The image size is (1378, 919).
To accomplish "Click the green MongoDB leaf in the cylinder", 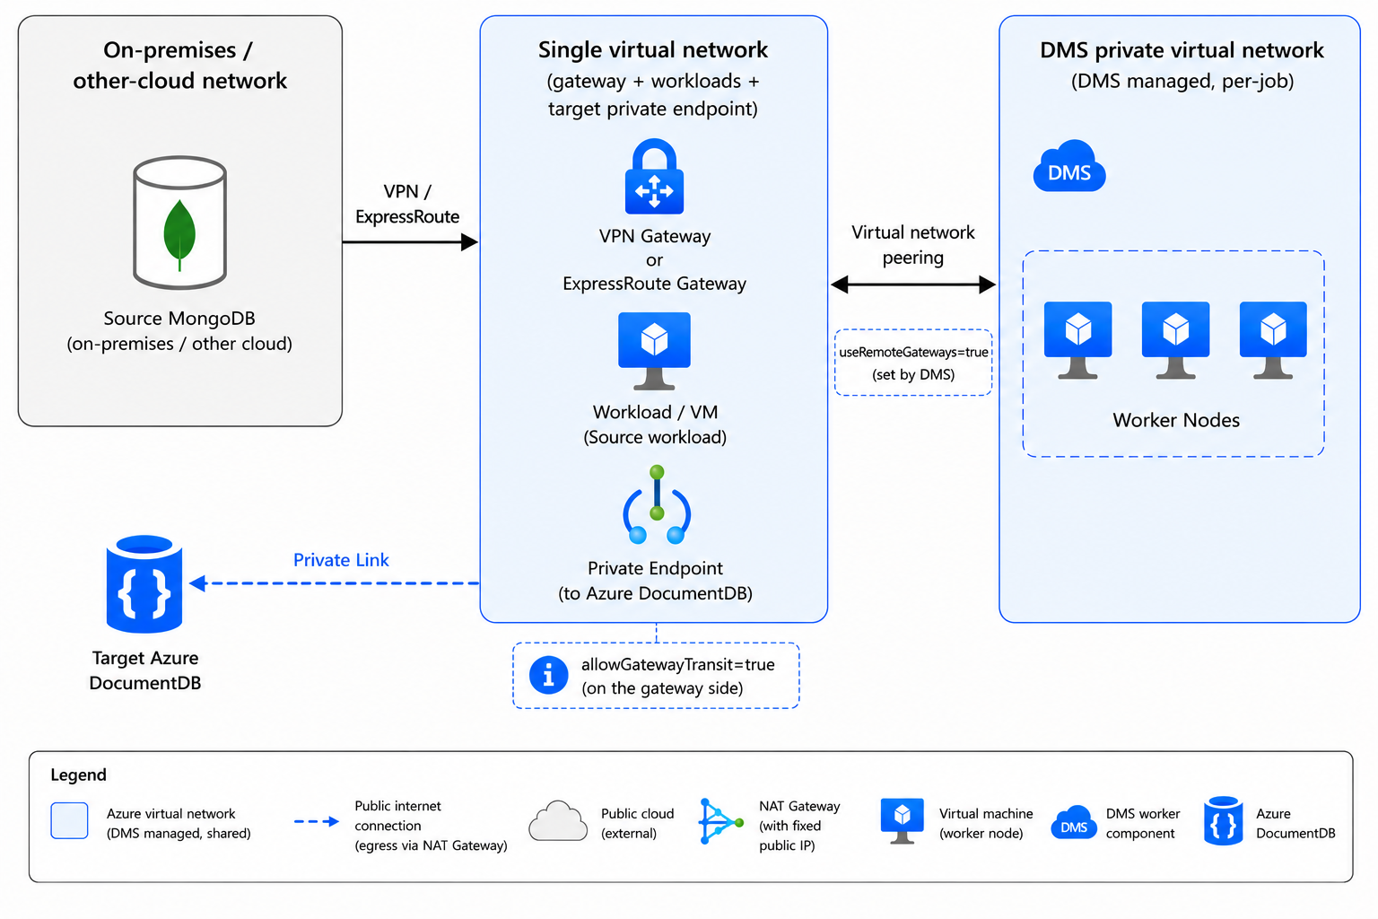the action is (x=179, y=234).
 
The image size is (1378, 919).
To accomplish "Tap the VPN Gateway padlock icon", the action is (x=654, y=177).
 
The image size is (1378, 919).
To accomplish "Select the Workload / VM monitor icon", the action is (x=654, y=351).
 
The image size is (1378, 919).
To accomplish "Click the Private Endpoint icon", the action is (x=657, y=504).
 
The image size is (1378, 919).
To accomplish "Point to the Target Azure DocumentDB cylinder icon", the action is (x=144, y=583).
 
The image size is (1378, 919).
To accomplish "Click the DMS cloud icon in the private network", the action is (x=1069, y=166).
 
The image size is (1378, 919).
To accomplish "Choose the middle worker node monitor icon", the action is (x=1175, y=340).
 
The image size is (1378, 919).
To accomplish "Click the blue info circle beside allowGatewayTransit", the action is (x=548, y=675).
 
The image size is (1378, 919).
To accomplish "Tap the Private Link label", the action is (x=341, y=559).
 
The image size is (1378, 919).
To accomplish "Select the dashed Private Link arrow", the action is (x=334, y=583).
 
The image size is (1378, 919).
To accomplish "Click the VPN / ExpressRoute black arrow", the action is (x=410, y=242).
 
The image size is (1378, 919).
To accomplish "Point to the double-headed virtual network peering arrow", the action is (x=913, y=284).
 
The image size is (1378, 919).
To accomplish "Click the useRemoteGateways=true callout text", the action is (x=913, y=363).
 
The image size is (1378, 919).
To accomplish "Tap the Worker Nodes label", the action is (x=1175, y=420).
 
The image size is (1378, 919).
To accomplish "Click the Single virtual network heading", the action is (x=653, y=50).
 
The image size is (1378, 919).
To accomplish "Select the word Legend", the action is (x=78, y=775).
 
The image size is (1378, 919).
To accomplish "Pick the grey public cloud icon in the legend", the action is (x=558, y=820).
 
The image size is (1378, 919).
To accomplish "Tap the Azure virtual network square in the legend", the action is (x=69, y=820).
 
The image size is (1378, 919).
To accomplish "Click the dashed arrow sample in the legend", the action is (x=316, y=821).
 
